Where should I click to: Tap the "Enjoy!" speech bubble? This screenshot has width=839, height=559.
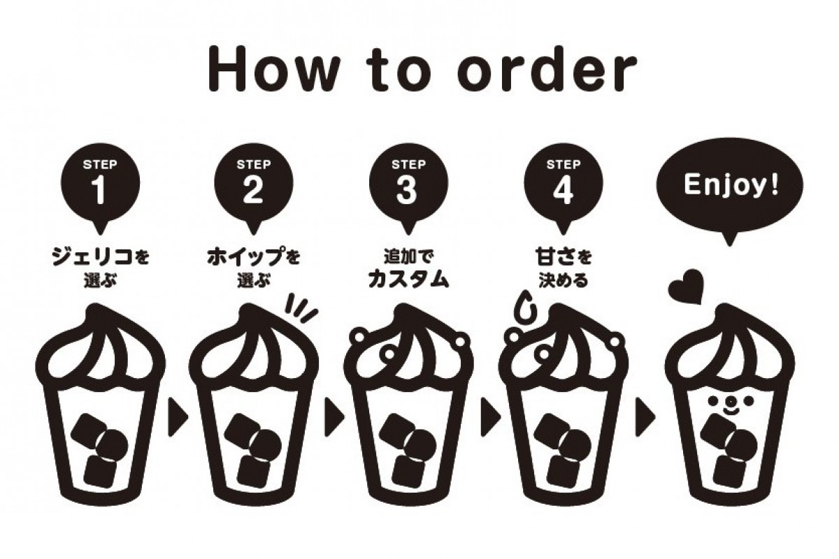pos(730,187)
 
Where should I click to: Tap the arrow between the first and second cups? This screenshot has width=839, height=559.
pos(177,417)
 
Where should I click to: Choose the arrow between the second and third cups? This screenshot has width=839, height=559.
pos(334,417)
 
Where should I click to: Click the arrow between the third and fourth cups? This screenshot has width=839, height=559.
pos(491,417)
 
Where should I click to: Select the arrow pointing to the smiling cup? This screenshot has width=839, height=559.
pos(645,417)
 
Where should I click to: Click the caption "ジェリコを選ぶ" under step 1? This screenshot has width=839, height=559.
pos(101,268)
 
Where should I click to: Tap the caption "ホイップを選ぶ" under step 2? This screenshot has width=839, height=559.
pos(254,268)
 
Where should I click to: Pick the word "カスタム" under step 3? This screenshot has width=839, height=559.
pos(408,279)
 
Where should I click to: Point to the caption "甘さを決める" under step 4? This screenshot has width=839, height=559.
pos(564,268)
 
